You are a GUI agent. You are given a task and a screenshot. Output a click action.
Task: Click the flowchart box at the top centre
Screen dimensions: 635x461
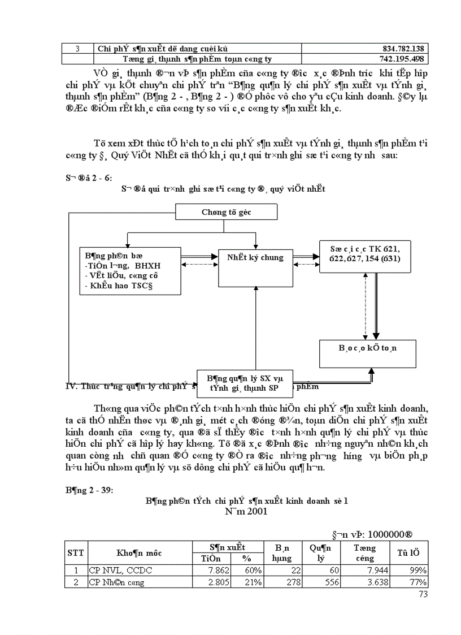226,212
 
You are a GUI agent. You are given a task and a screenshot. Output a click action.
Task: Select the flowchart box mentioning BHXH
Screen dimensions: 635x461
130,271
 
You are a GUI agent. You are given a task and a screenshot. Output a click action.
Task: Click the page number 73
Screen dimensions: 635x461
423,594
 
